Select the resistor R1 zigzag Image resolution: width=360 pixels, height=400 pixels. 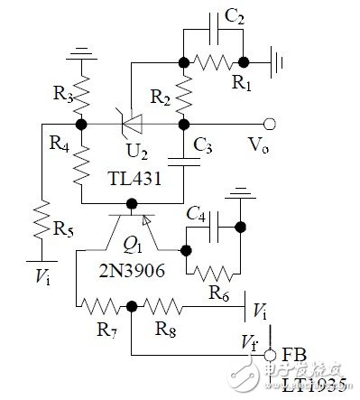click(214, 63)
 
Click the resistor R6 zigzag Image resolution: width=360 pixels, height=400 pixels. click(213, 270)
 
